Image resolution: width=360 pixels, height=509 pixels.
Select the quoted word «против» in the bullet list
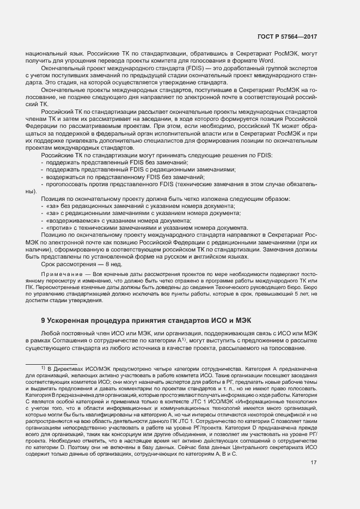[58, 228]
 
